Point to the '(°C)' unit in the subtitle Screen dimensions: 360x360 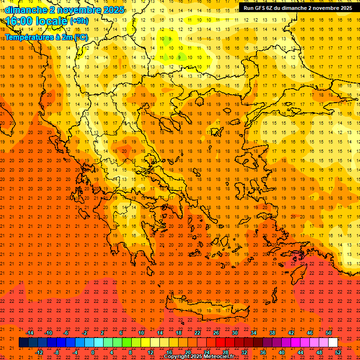80,37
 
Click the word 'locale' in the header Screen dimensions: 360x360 51,21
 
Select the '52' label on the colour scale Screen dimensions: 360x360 338,352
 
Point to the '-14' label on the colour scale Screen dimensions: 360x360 30,333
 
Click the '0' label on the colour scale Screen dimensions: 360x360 93,352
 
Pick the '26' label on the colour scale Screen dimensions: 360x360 216,333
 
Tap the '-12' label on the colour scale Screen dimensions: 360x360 39,352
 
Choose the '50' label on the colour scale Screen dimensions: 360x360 329,333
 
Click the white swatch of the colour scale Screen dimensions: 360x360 333,343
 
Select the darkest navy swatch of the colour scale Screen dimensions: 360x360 24,343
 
